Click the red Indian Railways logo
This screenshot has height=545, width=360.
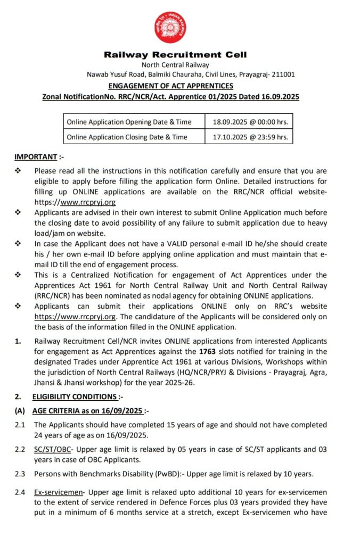171,27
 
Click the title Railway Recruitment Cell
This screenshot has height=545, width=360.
175,55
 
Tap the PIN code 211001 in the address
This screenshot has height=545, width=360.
283,75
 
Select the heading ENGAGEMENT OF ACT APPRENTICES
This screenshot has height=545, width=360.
171,86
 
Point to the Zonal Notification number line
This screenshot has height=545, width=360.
171,97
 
